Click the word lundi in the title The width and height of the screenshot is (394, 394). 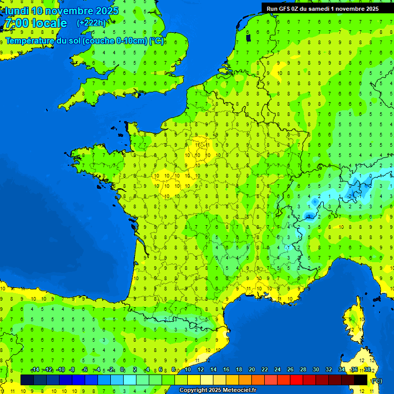click(x=17, y=10)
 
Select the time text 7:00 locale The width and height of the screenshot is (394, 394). click(x=35, y=23)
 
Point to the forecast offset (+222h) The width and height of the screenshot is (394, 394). click(x=91, y=23)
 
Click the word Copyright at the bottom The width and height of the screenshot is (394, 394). click(x=193, y=390)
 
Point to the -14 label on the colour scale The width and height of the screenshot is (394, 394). click(x=35, y=370)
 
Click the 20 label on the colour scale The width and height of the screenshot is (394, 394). click(x=251, y=370)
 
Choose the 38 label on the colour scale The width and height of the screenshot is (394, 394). click(x=367, y=370)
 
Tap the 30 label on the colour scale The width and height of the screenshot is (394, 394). click(x=316, y=370)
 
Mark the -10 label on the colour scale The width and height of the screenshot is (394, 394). click(x=61, y=370)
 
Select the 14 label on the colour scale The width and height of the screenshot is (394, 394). click(x=213, y=370)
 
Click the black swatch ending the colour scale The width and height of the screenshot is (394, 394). click(x=361, y=380)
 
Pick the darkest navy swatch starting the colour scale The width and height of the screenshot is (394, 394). click(x=27, y=380)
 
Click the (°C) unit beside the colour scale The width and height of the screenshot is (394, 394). click(x=376, y=380)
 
